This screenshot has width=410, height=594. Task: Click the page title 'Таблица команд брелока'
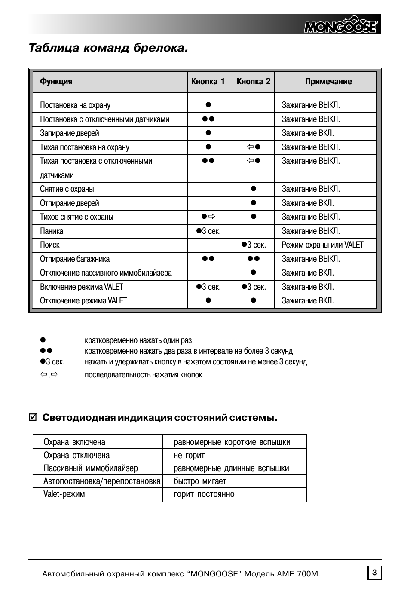coord(108,48)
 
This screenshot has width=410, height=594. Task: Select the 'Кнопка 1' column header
coord(208,82)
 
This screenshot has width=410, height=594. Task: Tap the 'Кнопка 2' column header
coord(254,82)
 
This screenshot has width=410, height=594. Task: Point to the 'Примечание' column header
coord(328,82)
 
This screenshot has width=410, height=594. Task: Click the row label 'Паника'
coord(52,231)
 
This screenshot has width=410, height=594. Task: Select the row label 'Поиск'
coord(50,245)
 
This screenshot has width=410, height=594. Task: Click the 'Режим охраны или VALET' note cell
coord(322,245)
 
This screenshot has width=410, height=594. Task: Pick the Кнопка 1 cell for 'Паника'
coord(208,231)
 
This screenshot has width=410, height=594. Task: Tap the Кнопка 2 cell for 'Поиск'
coord(254,245)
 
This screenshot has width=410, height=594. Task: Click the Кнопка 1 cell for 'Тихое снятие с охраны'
coord(208,217)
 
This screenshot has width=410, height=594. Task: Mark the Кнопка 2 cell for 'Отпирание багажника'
coord(254,259)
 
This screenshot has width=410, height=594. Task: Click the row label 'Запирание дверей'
coord(70,133)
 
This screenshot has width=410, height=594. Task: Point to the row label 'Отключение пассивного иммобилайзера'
coord(106,273)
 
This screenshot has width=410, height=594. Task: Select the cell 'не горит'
coord(189,455)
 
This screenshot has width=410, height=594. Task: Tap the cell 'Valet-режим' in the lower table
coord(64,494)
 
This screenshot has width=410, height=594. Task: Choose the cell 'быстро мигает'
coord(200,481)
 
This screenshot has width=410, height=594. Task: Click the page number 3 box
coord(374,573)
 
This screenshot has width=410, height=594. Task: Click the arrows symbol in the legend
coord(49,374)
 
